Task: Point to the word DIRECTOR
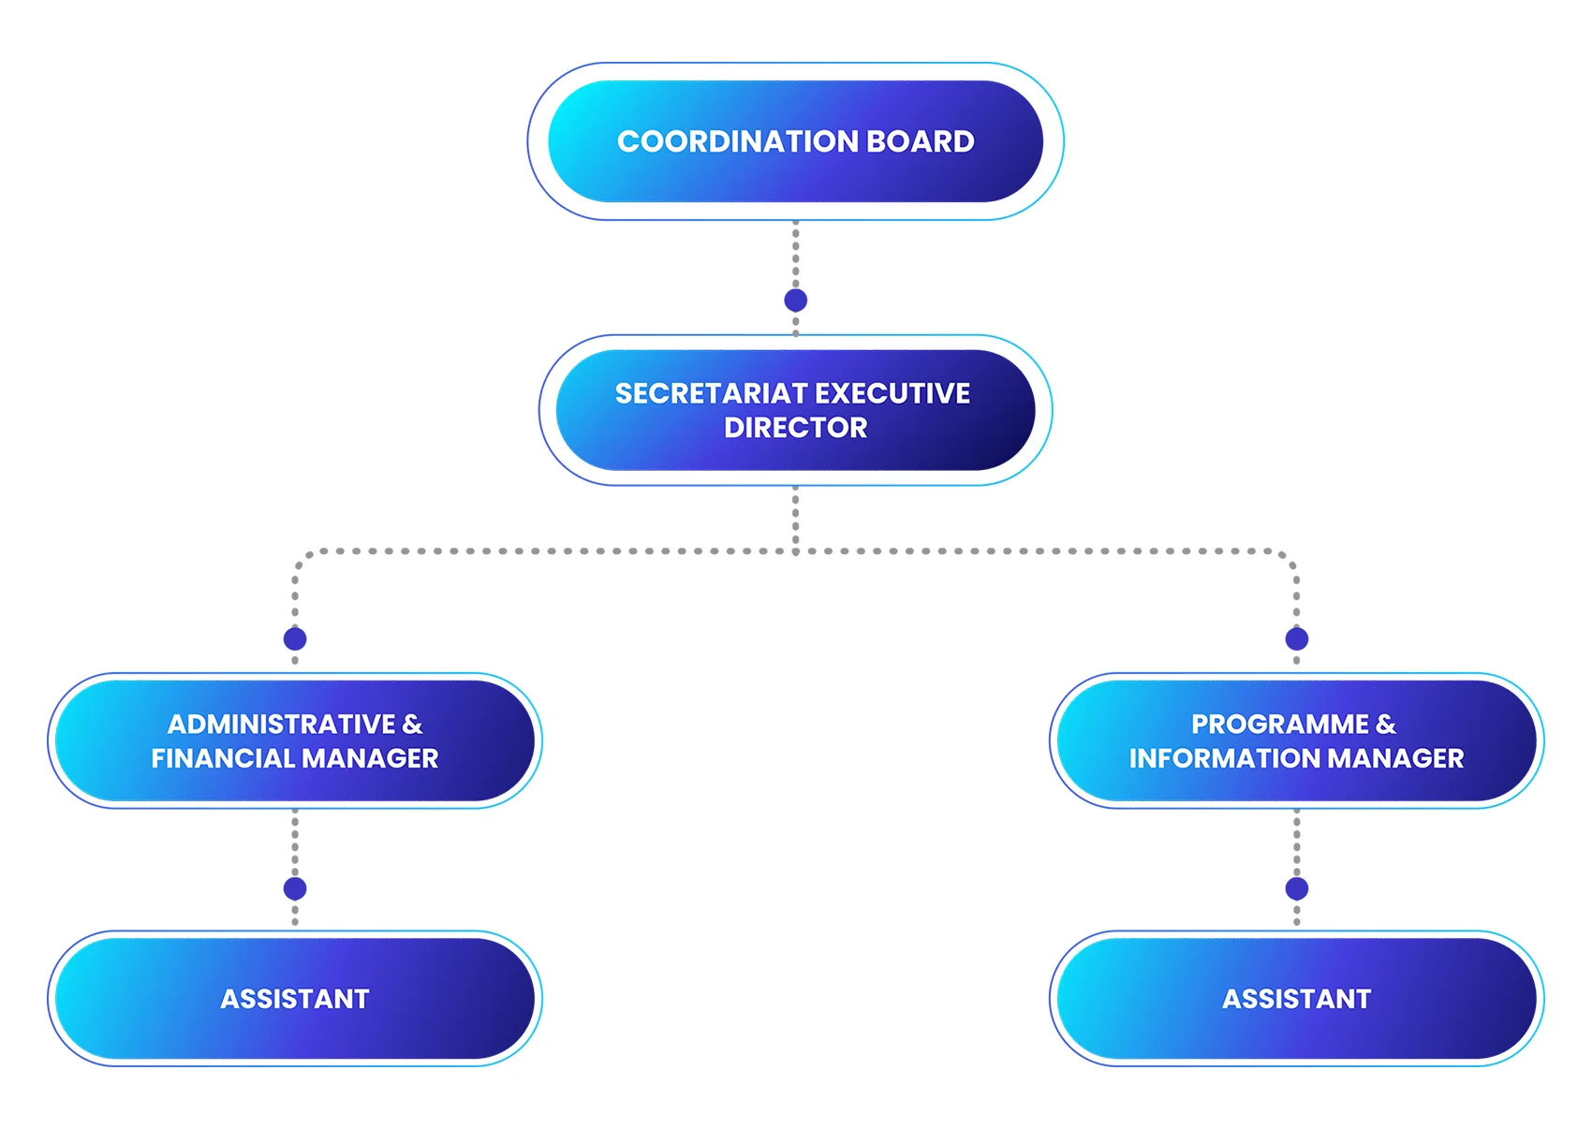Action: point(795,428)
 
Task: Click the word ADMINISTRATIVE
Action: point(281,725)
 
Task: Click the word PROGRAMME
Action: point(1279,725)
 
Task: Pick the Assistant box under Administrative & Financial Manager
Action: point(294,999)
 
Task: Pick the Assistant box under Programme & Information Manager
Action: point(1296,999)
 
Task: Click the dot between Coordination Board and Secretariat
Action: point(795,300)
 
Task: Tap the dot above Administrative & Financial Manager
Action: point(295,639)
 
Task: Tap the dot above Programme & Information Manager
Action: point(1296,639)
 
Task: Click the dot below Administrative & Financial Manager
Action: point(295,888)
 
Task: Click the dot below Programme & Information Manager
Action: point(1296,888)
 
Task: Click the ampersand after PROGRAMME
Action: point(1386,725)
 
